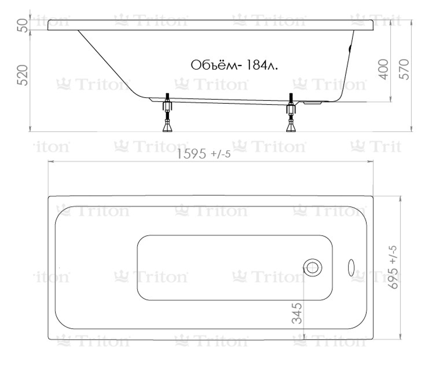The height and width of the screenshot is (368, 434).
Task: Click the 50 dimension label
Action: coord(23,26)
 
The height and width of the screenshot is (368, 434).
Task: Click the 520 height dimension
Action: coord(23,75)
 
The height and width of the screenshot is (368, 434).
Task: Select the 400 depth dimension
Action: coord(384,69)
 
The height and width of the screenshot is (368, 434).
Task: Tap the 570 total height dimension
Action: coord(404,69)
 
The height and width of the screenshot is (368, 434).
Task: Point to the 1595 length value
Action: coord(191,154)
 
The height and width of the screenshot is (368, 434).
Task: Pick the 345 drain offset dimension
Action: coord(297,313)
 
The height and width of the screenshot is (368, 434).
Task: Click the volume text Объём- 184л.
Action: coord(234,65)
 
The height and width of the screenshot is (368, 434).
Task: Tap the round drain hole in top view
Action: coord(312,268)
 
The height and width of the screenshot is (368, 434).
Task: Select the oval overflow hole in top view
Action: coord(351,268)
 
